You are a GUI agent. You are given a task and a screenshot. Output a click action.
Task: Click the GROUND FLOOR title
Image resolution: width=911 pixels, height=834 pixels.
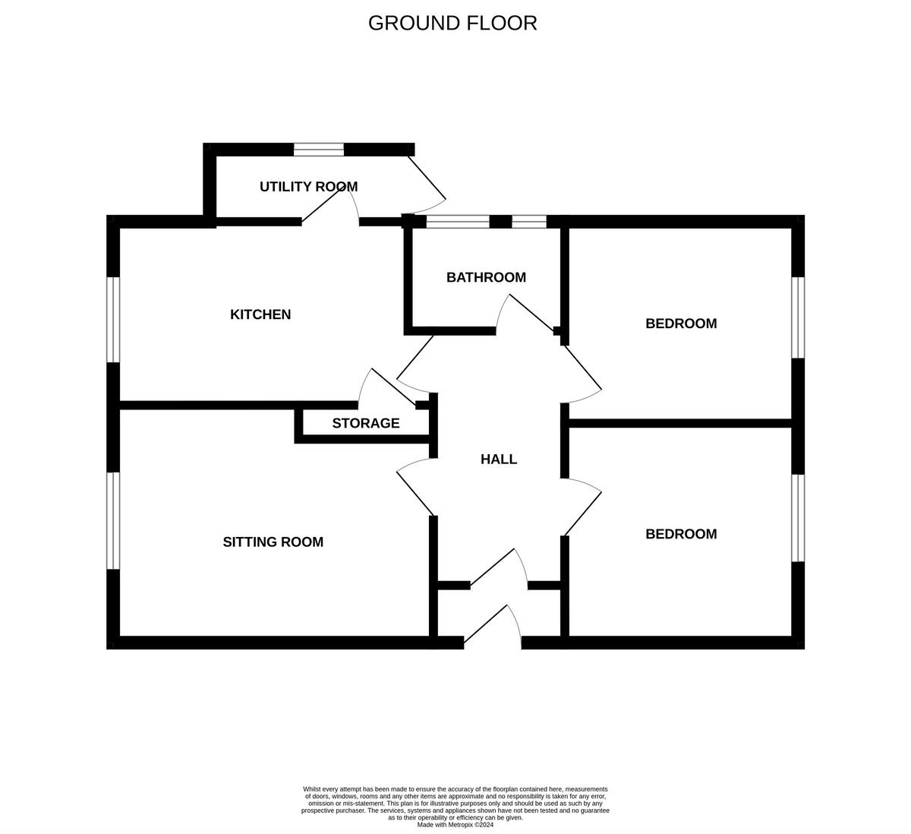pos(452,23)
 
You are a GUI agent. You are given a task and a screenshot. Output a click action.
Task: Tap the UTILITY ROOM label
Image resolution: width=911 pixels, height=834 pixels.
pos(308,186)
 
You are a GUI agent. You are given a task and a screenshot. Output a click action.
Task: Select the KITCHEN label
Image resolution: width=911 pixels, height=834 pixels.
pos(260,314)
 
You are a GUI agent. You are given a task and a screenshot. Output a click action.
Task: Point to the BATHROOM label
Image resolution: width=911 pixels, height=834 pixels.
pos(486,277)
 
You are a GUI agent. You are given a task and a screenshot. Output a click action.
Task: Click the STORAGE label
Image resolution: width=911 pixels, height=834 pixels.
pos(366,423)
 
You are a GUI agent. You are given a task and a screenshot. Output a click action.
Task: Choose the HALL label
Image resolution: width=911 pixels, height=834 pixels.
pos(499,459)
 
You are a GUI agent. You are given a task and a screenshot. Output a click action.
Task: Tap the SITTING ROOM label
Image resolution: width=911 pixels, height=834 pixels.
pos(273,542)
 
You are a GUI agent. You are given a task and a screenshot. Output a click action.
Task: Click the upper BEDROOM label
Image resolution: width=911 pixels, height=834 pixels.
pos(681,324)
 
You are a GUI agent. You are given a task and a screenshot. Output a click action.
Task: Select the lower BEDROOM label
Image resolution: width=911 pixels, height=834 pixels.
pos(681,534)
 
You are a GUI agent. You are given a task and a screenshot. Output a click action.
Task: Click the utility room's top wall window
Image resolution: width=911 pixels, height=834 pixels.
pos(319,149)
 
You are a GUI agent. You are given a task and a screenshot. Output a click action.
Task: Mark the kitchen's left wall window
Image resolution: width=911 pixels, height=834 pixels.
pos(113,319)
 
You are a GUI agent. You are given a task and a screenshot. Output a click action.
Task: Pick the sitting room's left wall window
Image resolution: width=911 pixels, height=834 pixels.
pos(113,520)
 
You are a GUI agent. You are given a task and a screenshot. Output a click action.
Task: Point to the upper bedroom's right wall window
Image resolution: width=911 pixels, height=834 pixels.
pos(798,317)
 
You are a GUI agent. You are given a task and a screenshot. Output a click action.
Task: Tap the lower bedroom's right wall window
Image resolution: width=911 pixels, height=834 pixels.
pos(798,518)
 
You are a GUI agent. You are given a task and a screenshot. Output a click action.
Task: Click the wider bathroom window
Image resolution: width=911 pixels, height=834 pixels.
pos(457,222)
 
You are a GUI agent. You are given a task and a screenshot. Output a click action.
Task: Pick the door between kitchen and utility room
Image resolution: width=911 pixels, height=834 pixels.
pos(331,206)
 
